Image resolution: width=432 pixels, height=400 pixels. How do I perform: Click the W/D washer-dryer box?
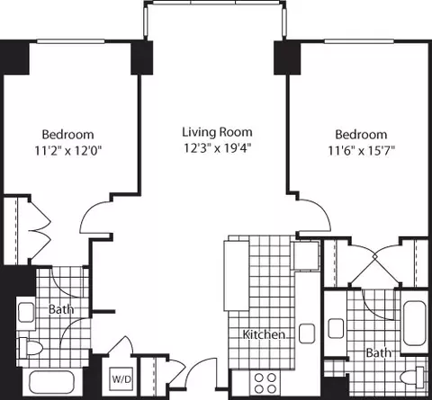(121, 378)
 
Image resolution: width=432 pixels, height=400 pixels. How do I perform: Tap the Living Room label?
(217, 132)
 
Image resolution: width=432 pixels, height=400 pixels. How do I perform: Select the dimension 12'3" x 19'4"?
(217, 148)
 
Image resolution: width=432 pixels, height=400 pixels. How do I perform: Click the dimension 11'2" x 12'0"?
(68, 150)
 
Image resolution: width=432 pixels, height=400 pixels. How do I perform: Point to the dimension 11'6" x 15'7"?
(361, 150)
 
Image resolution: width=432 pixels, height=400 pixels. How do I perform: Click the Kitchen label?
(264, 334)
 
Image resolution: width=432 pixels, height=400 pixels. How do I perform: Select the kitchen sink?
(307, 333)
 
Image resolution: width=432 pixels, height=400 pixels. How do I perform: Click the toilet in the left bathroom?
(30, 348)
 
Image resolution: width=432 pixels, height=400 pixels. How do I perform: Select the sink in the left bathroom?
(26, 312)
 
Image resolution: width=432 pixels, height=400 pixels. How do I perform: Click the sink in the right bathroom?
(336, 328)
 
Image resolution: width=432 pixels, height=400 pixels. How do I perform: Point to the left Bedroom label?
(67, 135)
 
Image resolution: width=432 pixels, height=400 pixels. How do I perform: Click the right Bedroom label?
(361, 135)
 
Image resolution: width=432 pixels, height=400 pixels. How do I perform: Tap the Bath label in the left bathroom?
(61, 309)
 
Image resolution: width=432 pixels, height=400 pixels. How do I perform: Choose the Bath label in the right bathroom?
(379, 352)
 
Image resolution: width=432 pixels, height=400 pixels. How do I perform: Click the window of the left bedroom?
(71, 41)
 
